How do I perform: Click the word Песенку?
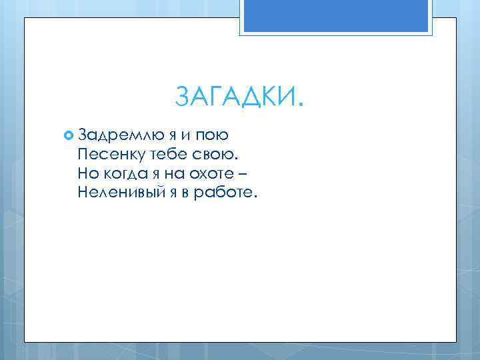[x=109, y=155]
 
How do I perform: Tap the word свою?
[x=216, y=155]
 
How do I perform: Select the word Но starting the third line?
[x=87, y=174]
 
